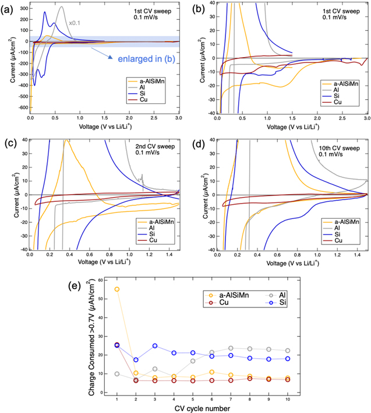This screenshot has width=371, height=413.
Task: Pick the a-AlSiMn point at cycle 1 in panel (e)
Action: coord(117,289)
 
